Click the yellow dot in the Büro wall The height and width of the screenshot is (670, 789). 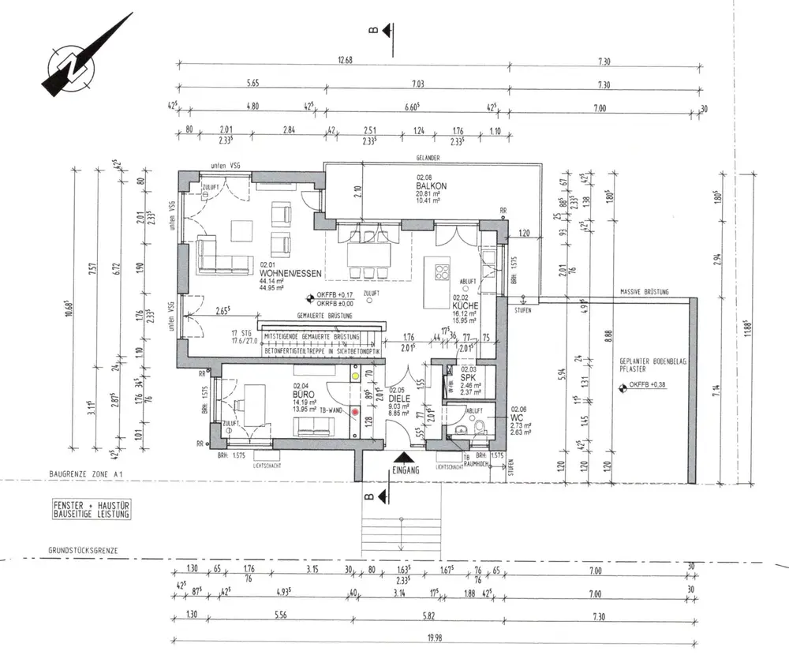(x=355, y=376)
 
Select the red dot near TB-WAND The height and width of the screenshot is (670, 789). (x=355, y=411)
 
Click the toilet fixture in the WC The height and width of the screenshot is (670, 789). (x=478, y=429)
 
